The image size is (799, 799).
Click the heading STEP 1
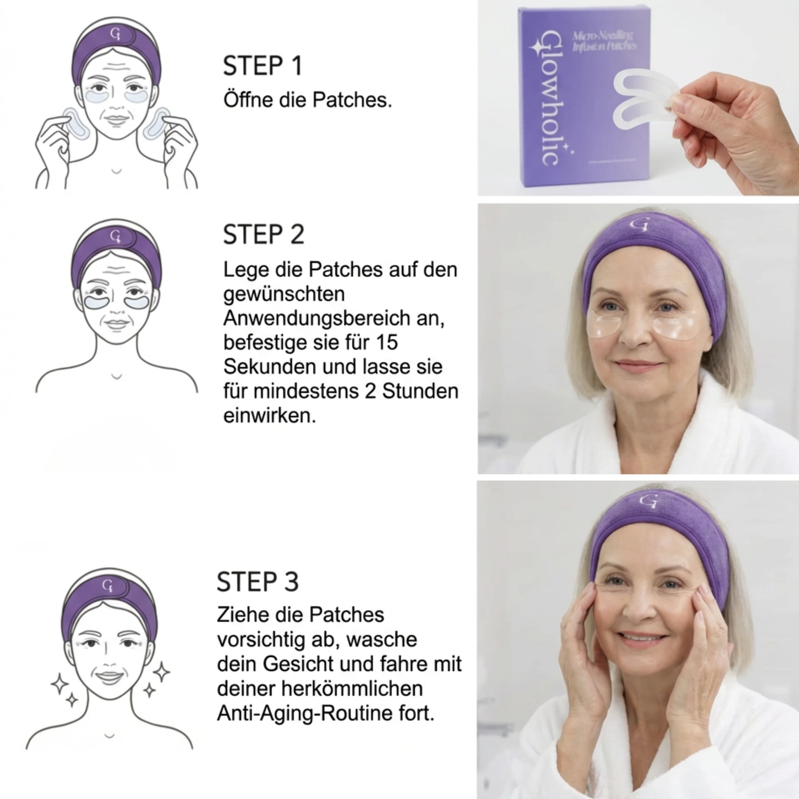[x=263, y=66]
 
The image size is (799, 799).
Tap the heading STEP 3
[x=257, y=582]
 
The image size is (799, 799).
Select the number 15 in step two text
[x=387, y=343]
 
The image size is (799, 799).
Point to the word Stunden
[x=420, y=391]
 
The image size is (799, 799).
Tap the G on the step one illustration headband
[x=116, y=34]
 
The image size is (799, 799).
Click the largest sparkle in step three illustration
[x=161, y=671]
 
